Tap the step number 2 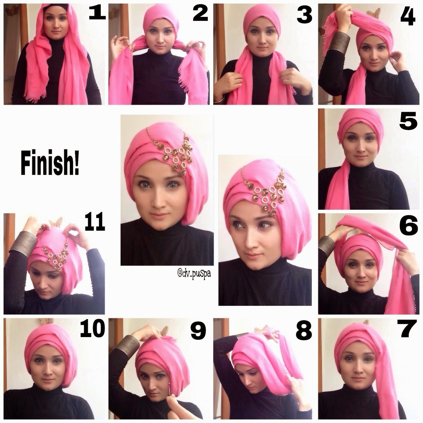pyautogui.click(x=201, y=13)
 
